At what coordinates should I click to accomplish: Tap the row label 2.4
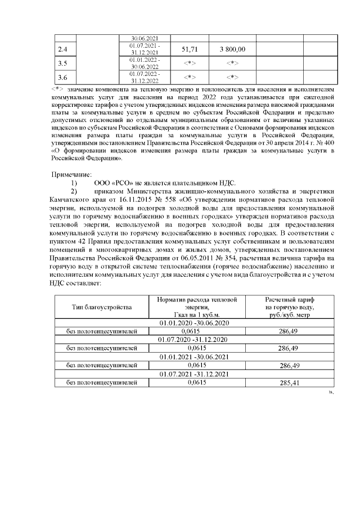[63, 49]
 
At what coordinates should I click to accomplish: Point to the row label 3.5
[63, 62]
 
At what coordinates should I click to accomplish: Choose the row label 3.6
[63, 76]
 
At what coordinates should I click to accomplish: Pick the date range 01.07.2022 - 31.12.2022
[145, 76]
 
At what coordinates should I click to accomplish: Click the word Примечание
[71, 175]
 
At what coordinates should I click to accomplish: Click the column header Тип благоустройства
[101, 308]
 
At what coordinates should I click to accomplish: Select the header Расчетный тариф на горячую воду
[289, 308]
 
